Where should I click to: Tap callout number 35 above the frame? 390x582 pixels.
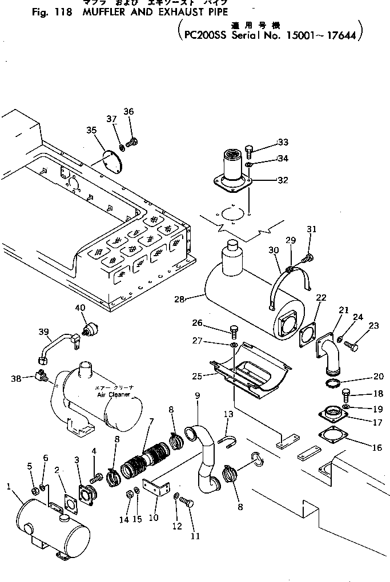[91, 130]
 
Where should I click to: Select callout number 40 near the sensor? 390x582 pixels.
[80, 309]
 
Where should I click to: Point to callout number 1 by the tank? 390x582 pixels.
[9, 486]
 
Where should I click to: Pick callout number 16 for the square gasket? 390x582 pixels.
[377, 448]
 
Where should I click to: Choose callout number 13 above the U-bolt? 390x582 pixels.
[229, 414]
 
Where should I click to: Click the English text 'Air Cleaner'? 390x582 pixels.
[114, 394]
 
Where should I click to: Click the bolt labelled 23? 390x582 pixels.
[355, 346]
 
